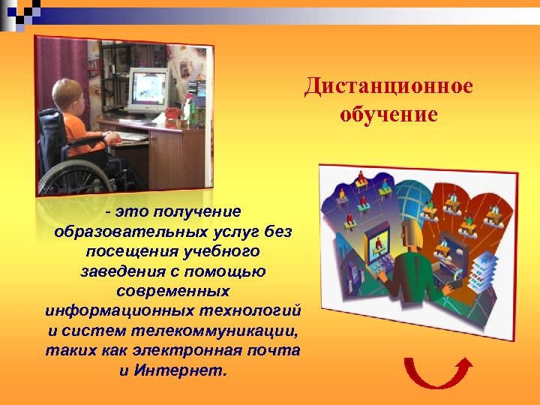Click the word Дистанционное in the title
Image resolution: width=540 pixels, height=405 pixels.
(x=388, y=86)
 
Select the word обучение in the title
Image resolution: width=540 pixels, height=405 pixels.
(x=388, y=115)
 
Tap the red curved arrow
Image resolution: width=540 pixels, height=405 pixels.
(x=438, y=373)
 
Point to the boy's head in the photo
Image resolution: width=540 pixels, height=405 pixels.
(x=67, y=95)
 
